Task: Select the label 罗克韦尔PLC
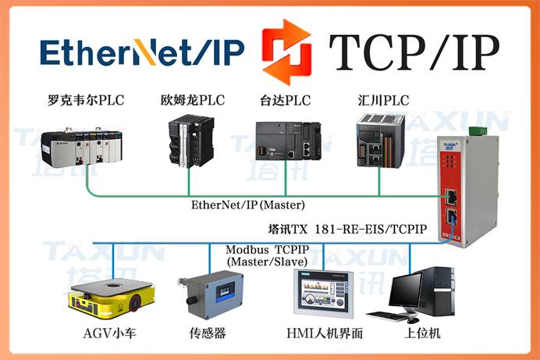(x=85, y=100)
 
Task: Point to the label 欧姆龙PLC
(x=191, y=100)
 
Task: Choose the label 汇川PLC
(x=380, y=100)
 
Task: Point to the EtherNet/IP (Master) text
(x=247, y=205)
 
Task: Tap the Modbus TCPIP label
(x=267, y=250)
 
